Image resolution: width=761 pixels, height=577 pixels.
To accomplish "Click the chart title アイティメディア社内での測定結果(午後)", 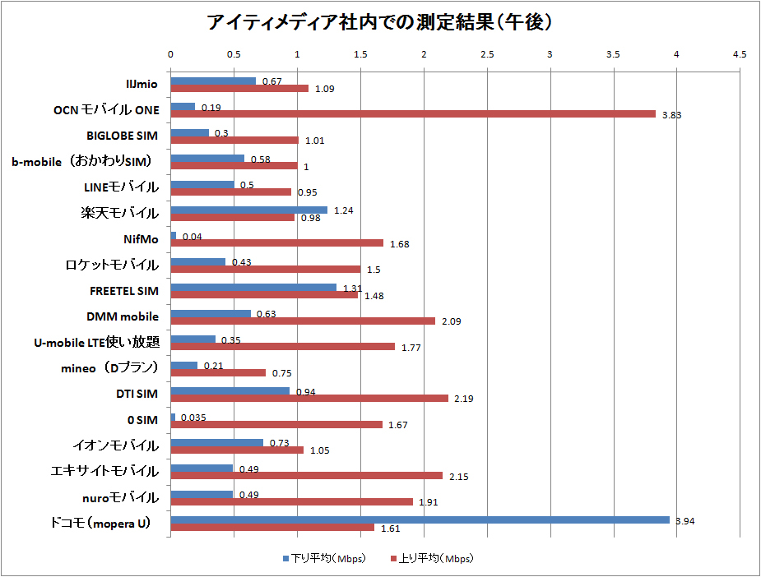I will click(380, 23).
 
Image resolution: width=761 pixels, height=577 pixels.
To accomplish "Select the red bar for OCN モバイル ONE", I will click(413, 113).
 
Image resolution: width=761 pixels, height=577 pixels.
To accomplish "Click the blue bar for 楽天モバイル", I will click(248, 210).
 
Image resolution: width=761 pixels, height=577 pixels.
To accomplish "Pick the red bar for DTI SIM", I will click(309, 398).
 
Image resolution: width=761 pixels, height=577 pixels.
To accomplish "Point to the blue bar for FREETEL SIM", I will click(253, 287).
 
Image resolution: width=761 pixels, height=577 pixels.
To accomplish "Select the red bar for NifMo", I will click(276, 242).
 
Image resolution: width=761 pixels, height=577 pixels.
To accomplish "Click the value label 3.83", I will click(672, 115).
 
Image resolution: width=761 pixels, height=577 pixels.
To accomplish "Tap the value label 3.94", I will click(684, 521).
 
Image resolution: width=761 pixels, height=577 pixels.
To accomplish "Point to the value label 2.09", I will click(451, 321).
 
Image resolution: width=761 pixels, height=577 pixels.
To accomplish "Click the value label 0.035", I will click(193, 418).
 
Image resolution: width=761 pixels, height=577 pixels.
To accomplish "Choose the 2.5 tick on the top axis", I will click(487, 54).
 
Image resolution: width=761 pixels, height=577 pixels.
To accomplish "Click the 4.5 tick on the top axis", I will click(740, 54).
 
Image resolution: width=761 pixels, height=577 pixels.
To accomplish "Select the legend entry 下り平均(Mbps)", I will click(323, 558).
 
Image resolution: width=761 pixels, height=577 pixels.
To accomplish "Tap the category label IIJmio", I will click(142, 83).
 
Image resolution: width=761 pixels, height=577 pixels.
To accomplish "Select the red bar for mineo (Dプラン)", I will click(218, 372).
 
